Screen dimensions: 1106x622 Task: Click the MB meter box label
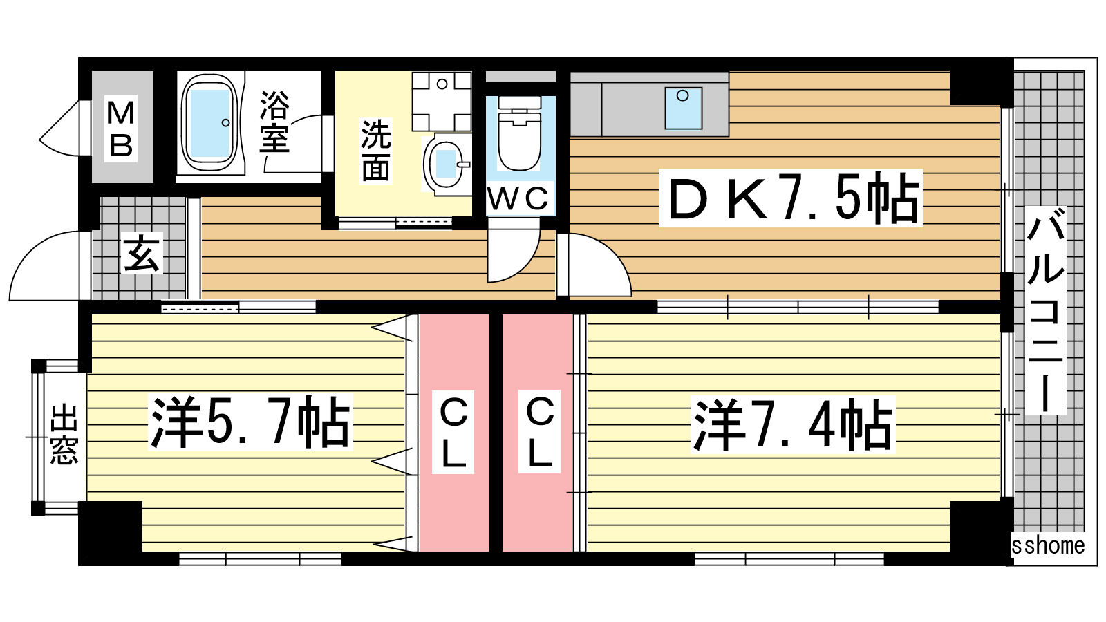tap(121, 129)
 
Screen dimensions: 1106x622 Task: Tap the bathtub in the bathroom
tap(210, 124)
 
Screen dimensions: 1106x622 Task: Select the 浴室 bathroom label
tap(274, 122)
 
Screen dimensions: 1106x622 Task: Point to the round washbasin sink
tap(447, 164)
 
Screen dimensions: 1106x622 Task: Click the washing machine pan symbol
tap(442, 101)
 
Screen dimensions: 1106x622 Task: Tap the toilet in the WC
tap(519, 133)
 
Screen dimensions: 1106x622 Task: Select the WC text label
tap(518, 199)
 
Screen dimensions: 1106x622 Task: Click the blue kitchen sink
tap(684, 108)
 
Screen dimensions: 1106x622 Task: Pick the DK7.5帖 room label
tap(791, 198)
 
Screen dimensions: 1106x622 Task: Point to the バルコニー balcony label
tap(1046, 310)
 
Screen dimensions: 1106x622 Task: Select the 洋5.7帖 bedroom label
tap(250, 422)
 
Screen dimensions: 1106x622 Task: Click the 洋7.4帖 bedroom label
tap(792, 424)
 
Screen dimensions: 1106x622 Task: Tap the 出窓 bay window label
tap(64, 435)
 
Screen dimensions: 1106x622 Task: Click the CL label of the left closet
tap(453, 433)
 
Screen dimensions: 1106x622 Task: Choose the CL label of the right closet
tap(540, 433)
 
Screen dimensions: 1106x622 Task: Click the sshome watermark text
tap(1048, 545)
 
